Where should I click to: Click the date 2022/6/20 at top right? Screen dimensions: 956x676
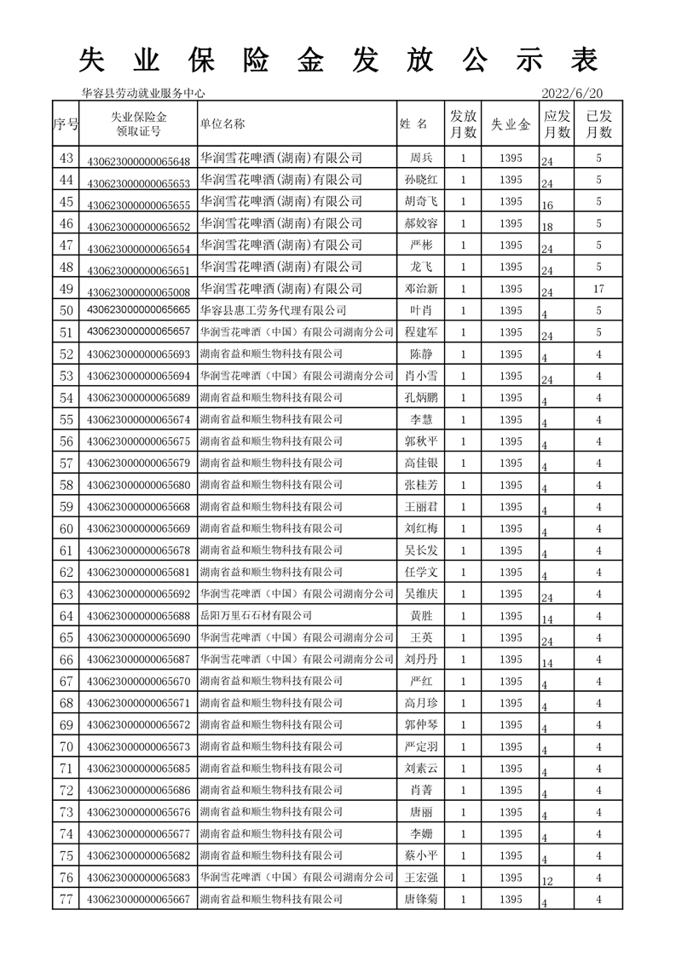pos(571,93)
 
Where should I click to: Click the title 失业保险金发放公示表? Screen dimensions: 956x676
pos(338,60)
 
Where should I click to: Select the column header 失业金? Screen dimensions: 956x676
pos(511,124)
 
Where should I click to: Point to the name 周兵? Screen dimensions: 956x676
pos(421,158)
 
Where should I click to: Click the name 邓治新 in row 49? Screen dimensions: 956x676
pos(421,289)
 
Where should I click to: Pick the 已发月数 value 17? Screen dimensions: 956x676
pos(598,289)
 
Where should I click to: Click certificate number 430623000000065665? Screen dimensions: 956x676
pos(138,310)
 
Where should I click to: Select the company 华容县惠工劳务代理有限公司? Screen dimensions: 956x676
pos(273,310)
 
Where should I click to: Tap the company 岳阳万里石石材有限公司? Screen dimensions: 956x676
pos(255,615)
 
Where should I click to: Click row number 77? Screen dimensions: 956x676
pos(66,899)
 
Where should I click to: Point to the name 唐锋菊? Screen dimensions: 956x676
pos(421,899)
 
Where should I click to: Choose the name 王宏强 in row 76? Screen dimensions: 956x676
pos(421,878)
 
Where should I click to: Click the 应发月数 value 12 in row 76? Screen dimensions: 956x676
pos(547,882)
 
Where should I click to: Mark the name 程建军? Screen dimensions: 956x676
pos(421,332)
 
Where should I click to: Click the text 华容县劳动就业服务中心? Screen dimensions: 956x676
pos(142,94)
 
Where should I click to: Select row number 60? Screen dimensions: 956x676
pos(66,528)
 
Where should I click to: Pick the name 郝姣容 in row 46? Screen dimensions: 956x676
pos(421,223)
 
